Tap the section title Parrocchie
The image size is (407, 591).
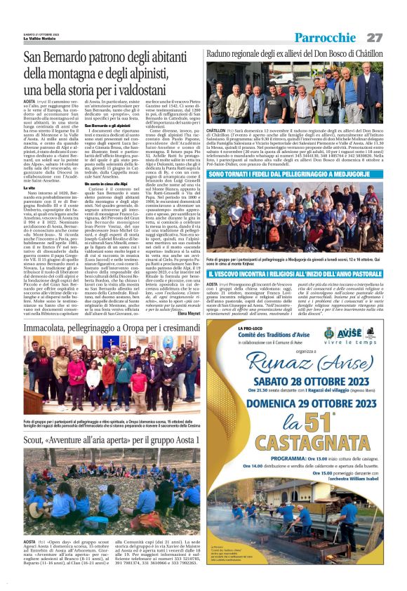click(325, 37)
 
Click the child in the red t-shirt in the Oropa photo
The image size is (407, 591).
click(136, 383)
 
